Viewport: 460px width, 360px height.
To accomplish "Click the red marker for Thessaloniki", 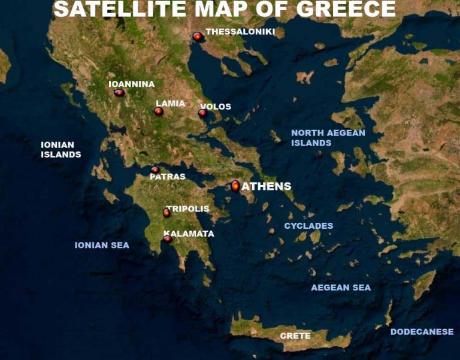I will (x=197, y=37).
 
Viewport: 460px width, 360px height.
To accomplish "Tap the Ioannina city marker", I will (x=119, y=93).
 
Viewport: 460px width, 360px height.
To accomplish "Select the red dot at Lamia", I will (x=159, y=111).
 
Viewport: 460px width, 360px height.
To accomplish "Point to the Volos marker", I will (x=202, y=113).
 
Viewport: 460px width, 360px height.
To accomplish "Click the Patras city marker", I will (x=155, y=170).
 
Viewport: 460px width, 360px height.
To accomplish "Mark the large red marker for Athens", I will (x=235, y=186).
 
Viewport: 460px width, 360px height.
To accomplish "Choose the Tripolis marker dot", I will (x=167, y=213).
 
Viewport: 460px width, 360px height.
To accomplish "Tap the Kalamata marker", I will (x=168, y=239).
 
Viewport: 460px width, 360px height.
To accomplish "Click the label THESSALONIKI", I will (x=240, y=32).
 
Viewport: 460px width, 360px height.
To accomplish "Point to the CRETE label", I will (x=295, y=336).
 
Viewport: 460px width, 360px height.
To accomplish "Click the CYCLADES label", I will (x=308, y=226).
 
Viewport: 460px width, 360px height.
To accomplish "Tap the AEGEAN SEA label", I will (x=341, y=288).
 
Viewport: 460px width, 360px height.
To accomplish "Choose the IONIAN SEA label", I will (x=102, y=245).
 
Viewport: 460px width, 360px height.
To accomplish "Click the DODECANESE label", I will (x=422, y=332).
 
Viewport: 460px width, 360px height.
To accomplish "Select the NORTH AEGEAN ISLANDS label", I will (x=328, y=138).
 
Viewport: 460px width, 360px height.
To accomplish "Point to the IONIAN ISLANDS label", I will (x=60, y=150).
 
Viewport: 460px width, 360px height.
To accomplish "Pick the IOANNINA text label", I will (x=132, y=84).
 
